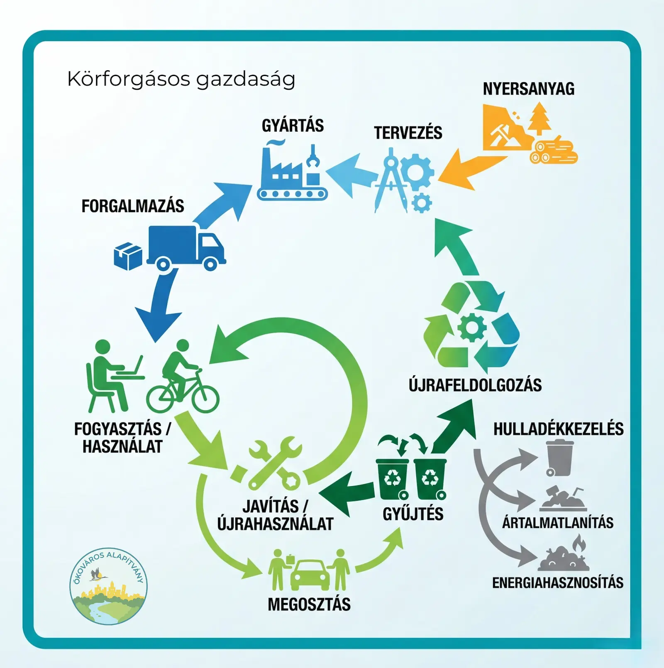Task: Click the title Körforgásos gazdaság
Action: pos(181,79)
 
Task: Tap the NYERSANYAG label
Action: pos(528,89)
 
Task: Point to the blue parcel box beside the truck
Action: pos(128,256)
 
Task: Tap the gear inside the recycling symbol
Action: pos(472,328)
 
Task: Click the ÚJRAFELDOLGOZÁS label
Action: pos(475,385)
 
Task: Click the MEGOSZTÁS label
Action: pos(309,604)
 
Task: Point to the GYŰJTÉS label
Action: pos(413,514)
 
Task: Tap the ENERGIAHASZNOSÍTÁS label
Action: pos(557,582)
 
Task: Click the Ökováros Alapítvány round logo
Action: pos(109,586)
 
